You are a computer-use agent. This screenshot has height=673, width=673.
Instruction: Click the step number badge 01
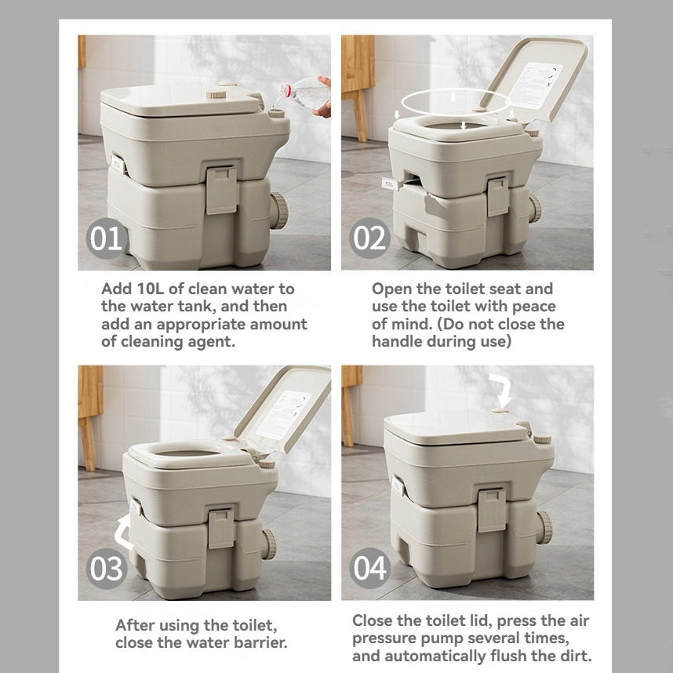point(107,238)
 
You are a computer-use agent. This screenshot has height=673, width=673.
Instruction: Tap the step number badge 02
point(369,238)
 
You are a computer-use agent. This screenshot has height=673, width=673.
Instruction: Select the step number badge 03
point(107,568)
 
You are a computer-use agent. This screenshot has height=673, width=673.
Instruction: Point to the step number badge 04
point(370,568)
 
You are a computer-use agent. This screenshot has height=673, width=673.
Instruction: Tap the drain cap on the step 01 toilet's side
point(278,211)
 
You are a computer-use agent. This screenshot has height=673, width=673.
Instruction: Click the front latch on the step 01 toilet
point(222,190)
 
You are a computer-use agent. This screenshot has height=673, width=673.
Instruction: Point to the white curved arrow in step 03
point(124,533)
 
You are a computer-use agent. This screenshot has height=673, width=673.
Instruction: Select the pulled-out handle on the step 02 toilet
point(391,184)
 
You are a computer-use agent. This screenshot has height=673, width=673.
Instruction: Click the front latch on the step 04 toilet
point(492,511)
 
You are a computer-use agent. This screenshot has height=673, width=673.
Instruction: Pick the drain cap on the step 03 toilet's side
point(269,544)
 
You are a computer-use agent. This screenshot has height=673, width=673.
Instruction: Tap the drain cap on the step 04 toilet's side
point(544,528)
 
